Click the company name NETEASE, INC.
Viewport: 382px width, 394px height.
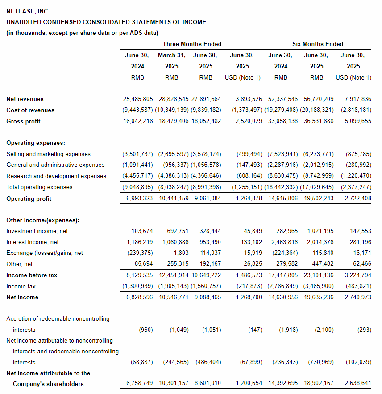point(28,11)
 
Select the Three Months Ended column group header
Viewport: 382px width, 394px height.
point(192,44)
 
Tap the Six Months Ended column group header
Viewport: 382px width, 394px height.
point(318,44)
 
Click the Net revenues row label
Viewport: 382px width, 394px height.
point(25,99)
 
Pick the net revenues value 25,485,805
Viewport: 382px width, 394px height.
point(138,99)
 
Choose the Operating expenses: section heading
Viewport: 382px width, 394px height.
point(36,143)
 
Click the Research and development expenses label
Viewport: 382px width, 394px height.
point(56,176)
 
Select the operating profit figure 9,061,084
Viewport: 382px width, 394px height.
point(208,199)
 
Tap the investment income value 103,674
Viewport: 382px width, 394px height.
point(142,231)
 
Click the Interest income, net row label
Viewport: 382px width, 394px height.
point(33,242)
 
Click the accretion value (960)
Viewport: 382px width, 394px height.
point(146,330)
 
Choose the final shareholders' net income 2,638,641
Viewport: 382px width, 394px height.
point(358,384)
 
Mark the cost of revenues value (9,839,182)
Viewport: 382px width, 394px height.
point(206,110)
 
